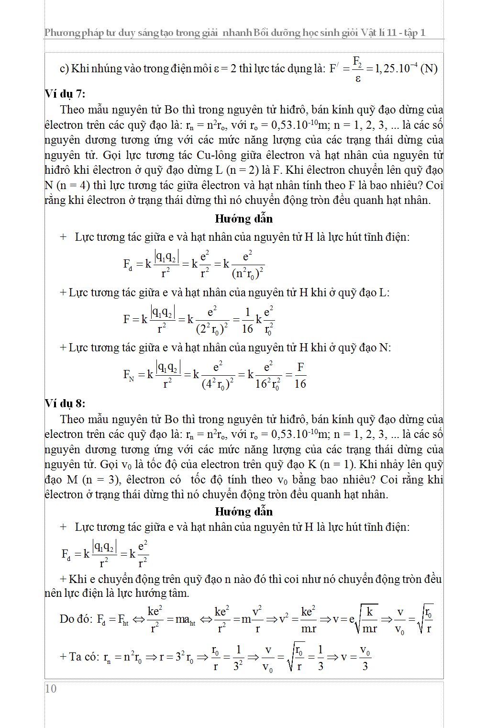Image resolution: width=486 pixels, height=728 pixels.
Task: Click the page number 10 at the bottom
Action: point(51,688)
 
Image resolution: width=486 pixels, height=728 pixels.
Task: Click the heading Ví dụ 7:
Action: point(65,93)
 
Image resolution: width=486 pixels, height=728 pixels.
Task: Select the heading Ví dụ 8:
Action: point(65,403)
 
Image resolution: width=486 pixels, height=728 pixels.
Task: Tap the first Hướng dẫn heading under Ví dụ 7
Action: point(243,219)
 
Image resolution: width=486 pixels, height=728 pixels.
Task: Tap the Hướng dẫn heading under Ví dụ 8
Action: point(243,511)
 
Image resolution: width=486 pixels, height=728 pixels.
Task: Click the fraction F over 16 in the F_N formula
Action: point(300,375)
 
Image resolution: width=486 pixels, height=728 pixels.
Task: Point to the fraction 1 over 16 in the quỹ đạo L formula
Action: point(247,320)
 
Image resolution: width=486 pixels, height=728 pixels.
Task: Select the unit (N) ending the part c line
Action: point(429,68)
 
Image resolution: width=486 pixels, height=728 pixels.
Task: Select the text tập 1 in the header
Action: point(414,33)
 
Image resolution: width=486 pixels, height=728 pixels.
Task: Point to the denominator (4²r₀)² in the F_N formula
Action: point(218,384)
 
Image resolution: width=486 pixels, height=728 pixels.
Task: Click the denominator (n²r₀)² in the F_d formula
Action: point(247,273)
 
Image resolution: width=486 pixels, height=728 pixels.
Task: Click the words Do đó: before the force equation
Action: point(76,619)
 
